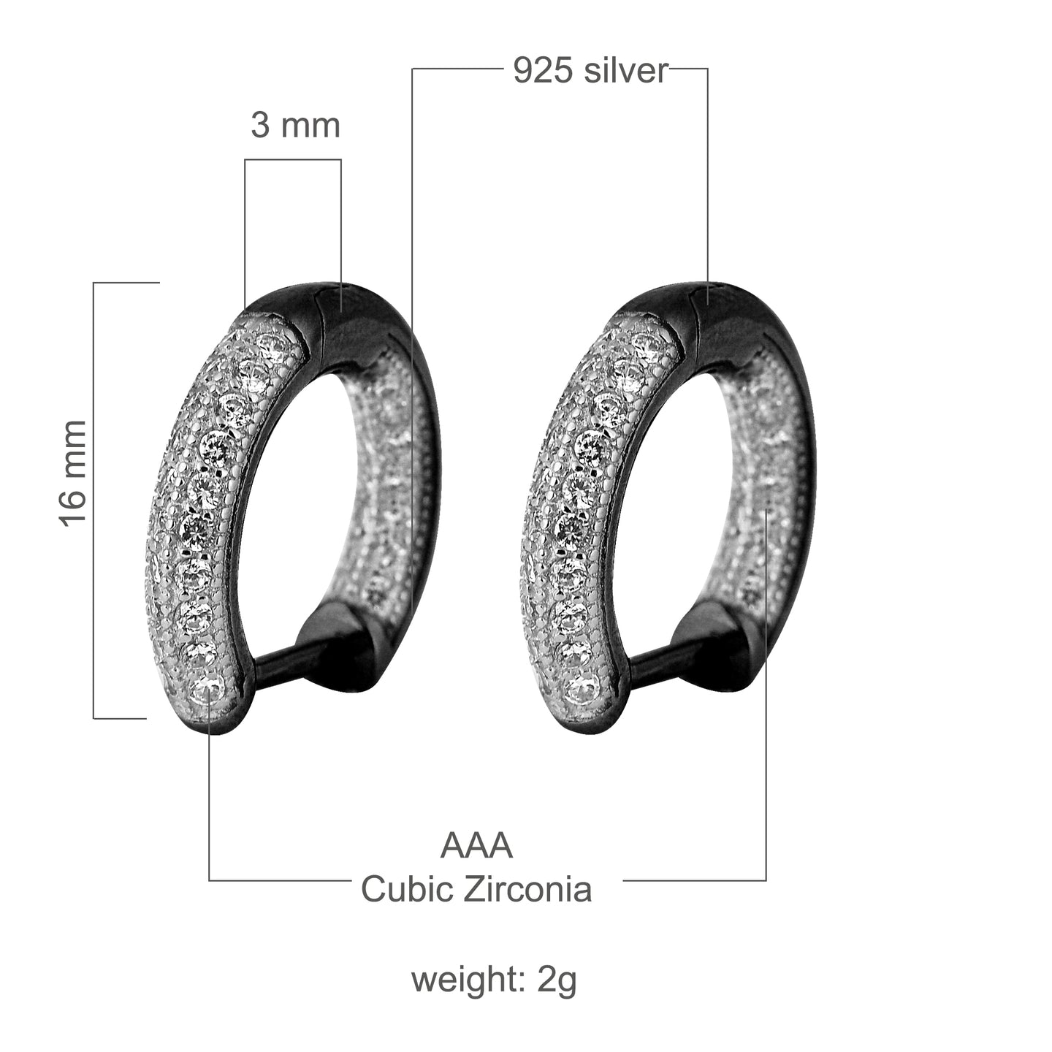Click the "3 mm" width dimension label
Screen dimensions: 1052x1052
point(295,126)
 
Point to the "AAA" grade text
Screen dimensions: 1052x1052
point(476,846)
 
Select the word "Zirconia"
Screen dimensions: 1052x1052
point(527,889)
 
